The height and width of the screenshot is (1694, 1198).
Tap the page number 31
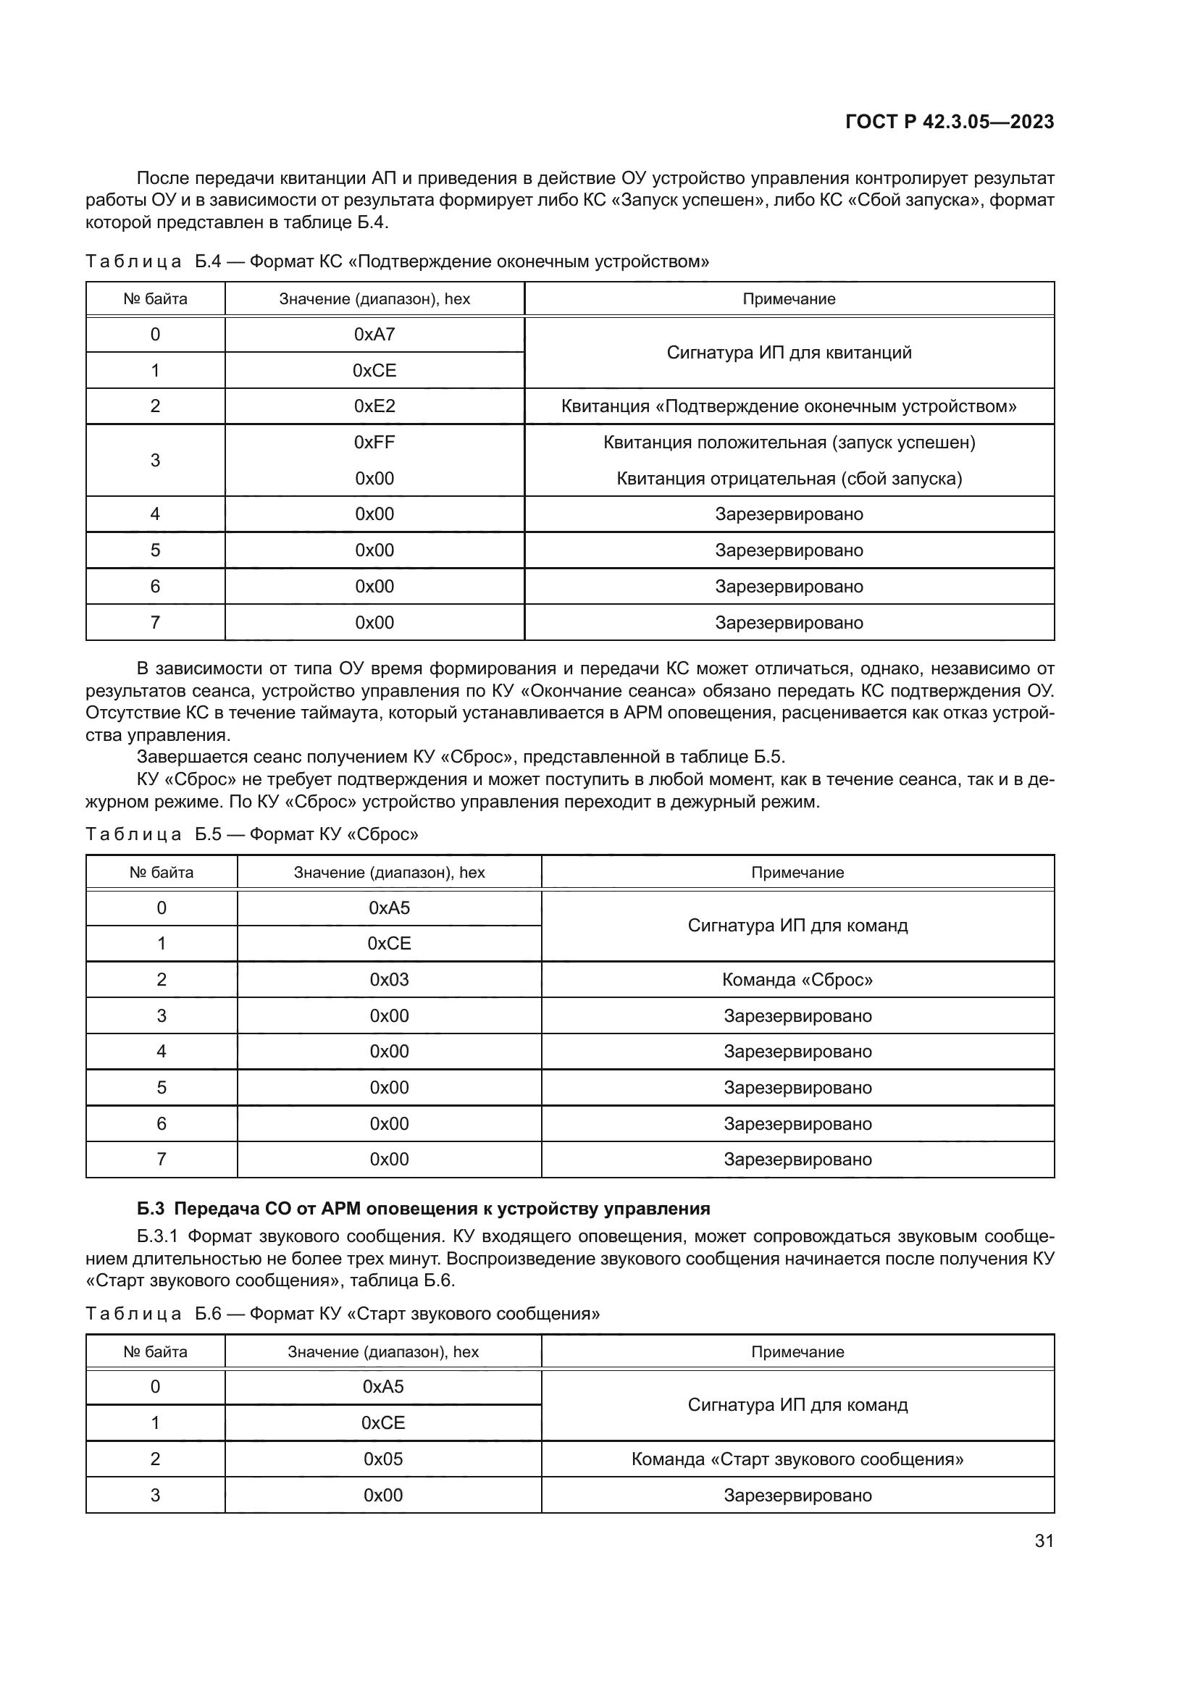point(1044,1540)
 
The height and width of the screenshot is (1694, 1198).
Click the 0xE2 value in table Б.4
point(374,406)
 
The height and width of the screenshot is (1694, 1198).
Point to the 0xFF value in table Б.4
point(374,443)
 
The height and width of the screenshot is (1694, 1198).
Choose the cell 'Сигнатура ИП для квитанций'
point(789,353)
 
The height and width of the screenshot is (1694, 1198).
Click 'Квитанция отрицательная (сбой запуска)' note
point(789,479)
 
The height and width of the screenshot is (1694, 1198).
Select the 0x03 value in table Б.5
point(389,980)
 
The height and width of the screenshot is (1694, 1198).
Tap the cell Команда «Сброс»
point(797,980)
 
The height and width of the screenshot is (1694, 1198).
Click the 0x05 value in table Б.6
point(383,1459)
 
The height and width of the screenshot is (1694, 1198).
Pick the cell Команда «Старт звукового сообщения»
point(797,1459)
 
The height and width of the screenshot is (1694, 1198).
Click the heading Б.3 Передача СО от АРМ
point(424,1209)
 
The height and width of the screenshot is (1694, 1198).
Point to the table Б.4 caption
point(397,262)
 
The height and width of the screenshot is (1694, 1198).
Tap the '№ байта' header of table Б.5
point(161,872)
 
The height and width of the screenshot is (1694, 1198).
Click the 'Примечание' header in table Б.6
point(797,1351)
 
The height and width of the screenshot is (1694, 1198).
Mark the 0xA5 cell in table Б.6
point(383,1386)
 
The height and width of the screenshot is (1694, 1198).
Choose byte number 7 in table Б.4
point(155,623)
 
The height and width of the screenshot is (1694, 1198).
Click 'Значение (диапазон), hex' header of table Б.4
point(374,300)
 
